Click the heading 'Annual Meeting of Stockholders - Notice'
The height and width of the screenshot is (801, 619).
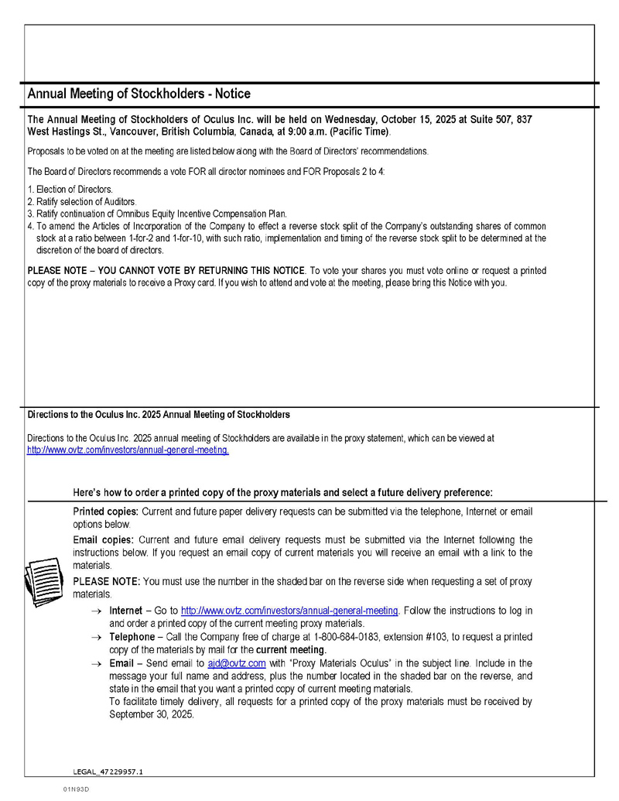coord(139,94)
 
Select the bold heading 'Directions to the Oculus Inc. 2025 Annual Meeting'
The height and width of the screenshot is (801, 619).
coord(159,414)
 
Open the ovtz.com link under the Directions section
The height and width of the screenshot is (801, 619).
coord(128,450)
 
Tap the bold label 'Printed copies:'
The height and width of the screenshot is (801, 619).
coord(104,512)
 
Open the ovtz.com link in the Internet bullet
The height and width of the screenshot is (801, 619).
coord(289,611)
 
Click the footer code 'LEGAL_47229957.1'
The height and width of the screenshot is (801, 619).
coord(108,772)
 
